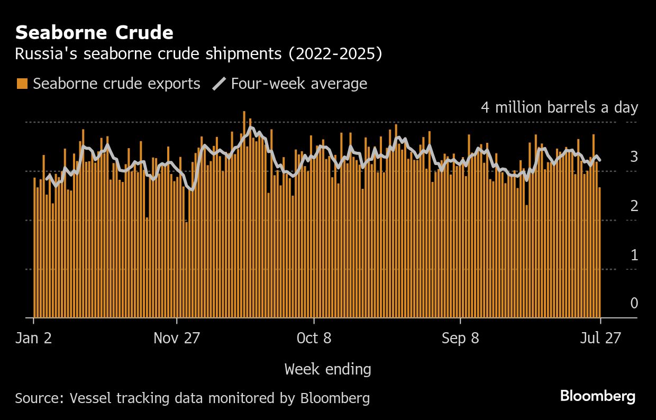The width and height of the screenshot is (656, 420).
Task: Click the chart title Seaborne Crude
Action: pyautogui.click(x=94, y=33)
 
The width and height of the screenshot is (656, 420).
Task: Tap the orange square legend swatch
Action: pyautogui.click(x=22, y=84)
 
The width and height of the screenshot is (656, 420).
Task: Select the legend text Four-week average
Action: pyautogui.click(x=299, y=84)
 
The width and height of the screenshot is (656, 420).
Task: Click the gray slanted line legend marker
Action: pyautogui.click(x=219, y=84)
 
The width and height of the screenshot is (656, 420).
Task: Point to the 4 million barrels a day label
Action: pyautogui.click(x=559, y=107)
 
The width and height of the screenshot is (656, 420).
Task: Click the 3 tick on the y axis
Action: pyautogui.click(x=634, y=157)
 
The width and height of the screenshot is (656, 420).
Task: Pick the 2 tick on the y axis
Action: pyautogui.click(x=634, y=206)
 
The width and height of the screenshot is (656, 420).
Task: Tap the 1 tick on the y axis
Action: pyautogui.click(x=634, y=255)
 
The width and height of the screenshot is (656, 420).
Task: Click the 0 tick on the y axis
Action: pyautogui.click(x=634, y=303)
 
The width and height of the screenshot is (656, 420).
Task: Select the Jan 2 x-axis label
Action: pyautogui.click(x=34, y=338)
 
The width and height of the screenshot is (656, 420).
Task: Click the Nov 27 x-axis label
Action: pyautogui.click(x=177, y=338)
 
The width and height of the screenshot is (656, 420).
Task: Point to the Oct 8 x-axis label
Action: pyautogui.click(x=314, y=338)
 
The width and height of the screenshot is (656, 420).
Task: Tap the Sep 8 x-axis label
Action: pyautogui.click(x=460, y=338)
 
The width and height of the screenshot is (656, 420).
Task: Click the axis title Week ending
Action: pyautogui.click(x=327, y=369)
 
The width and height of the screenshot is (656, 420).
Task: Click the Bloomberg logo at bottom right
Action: pyautogui.click(x=598, y=396)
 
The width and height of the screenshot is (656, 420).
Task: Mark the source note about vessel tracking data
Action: pyautogui.click(x=192, y=398)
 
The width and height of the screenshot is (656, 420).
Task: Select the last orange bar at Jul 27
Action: pyautogui.click(x=599, y=254)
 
